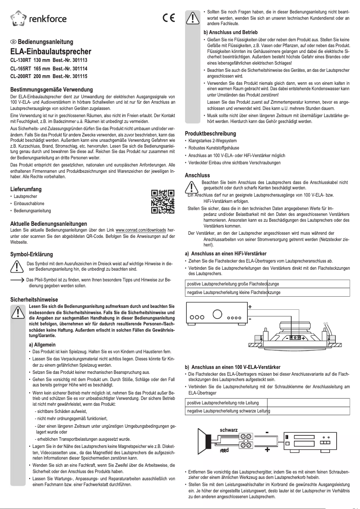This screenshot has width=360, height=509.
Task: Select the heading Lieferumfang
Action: click(29, 189)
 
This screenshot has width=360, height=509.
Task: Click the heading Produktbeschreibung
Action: click(210, 134)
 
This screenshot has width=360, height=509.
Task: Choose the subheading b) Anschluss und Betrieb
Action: click(230, 33)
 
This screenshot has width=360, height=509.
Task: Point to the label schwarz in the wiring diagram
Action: click(228, 430)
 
